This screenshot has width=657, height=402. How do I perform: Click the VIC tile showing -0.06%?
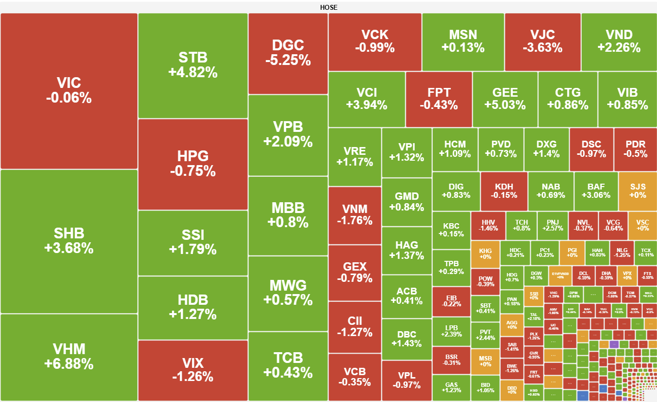pos(69,91)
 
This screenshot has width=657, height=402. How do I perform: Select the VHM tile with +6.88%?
pos(69,357)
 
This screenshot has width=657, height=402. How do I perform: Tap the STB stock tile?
pos(193,65)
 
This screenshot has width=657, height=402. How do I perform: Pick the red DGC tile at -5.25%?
pos(288,53)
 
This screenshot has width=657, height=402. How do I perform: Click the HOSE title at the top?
pos(328,7)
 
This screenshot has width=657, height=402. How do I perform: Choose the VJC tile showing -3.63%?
pos(542,42)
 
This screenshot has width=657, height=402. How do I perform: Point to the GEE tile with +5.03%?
pos(505,99)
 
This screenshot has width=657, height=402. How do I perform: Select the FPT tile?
pos(439,99)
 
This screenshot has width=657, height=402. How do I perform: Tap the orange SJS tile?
pos(638,191)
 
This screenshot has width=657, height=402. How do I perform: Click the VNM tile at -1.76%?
pos(355,215)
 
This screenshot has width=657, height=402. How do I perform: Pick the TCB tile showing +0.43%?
pos(288,365)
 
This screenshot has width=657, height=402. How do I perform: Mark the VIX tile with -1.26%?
pos(193,370)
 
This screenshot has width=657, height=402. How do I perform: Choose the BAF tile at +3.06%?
pos(596,191)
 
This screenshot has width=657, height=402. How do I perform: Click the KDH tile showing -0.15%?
pos(504,191)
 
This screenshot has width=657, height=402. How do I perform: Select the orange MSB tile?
pos(485,361)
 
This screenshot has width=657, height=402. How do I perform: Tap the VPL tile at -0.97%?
pos(406,380)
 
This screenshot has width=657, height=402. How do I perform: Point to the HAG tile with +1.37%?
pos(406,250)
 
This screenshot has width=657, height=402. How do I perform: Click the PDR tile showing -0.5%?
pos(636,149)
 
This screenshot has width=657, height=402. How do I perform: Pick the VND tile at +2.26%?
pos(618,42)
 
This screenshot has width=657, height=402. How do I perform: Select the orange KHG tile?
pos(485,253)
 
